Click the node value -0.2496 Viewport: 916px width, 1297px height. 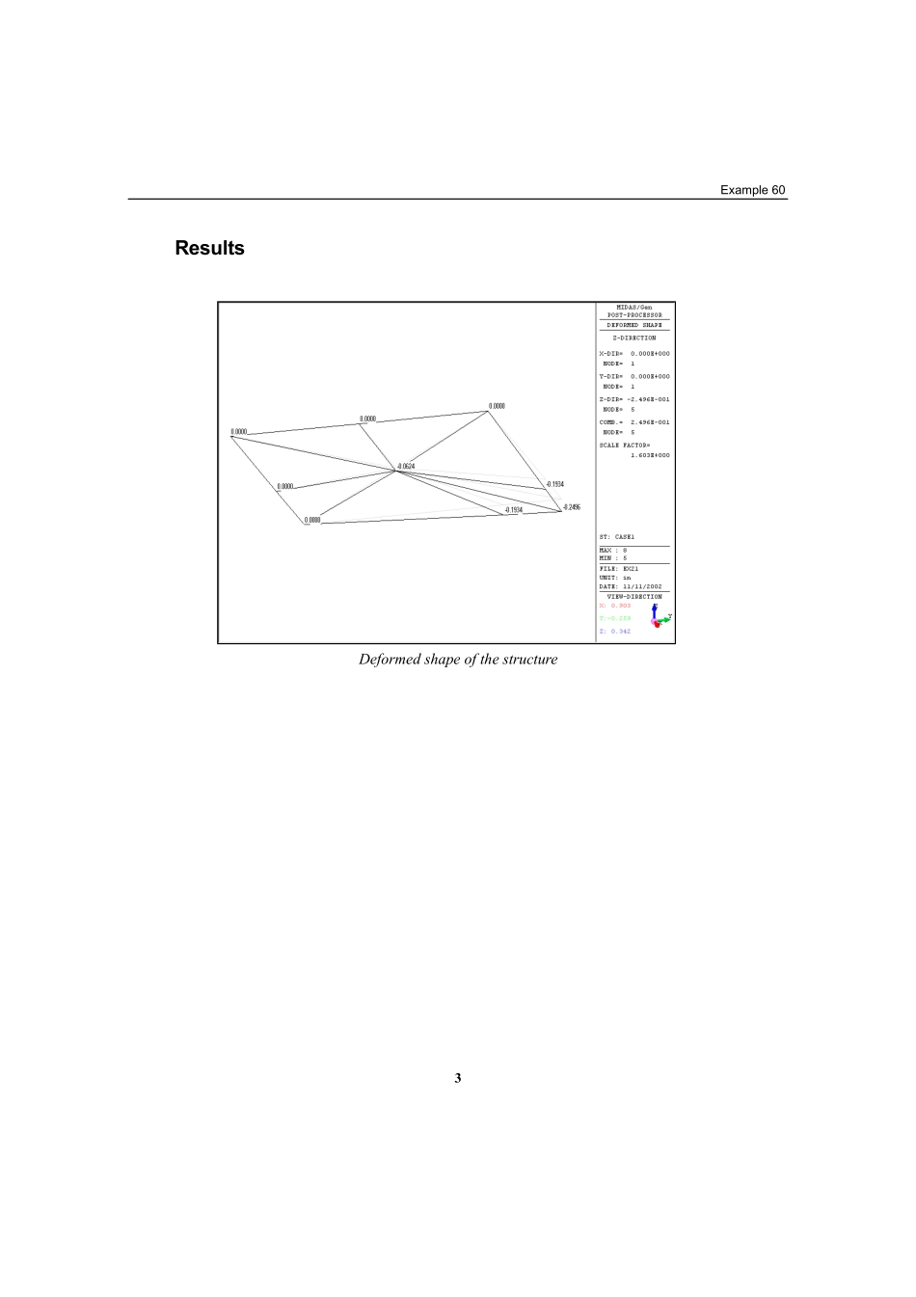click(572, 506)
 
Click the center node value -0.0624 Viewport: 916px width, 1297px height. click(406, 466)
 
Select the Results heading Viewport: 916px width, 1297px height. click(209, 248)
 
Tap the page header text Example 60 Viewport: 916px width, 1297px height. click(753, 190)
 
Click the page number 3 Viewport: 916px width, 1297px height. click(458, 1078)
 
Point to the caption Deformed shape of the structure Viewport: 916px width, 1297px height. click(458, 660)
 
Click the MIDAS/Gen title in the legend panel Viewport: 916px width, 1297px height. click(634, 308)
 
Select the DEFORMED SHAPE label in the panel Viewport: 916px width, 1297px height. click(634, 326)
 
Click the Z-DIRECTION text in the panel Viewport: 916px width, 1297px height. click(634, 338)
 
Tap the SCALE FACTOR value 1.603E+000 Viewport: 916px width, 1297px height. click(650, 455)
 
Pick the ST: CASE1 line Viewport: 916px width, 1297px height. click(617, 536)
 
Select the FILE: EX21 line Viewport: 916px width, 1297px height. click(619, 569)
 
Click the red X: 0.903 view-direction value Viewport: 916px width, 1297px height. click(615, 606)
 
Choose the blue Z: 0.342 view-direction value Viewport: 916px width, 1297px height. click(615, 631)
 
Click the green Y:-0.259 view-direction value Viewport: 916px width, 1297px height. click(615, 618)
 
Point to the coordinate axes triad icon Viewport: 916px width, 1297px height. click(660, 618)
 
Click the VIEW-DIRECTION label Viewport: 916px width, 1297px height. click(634, 597)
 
